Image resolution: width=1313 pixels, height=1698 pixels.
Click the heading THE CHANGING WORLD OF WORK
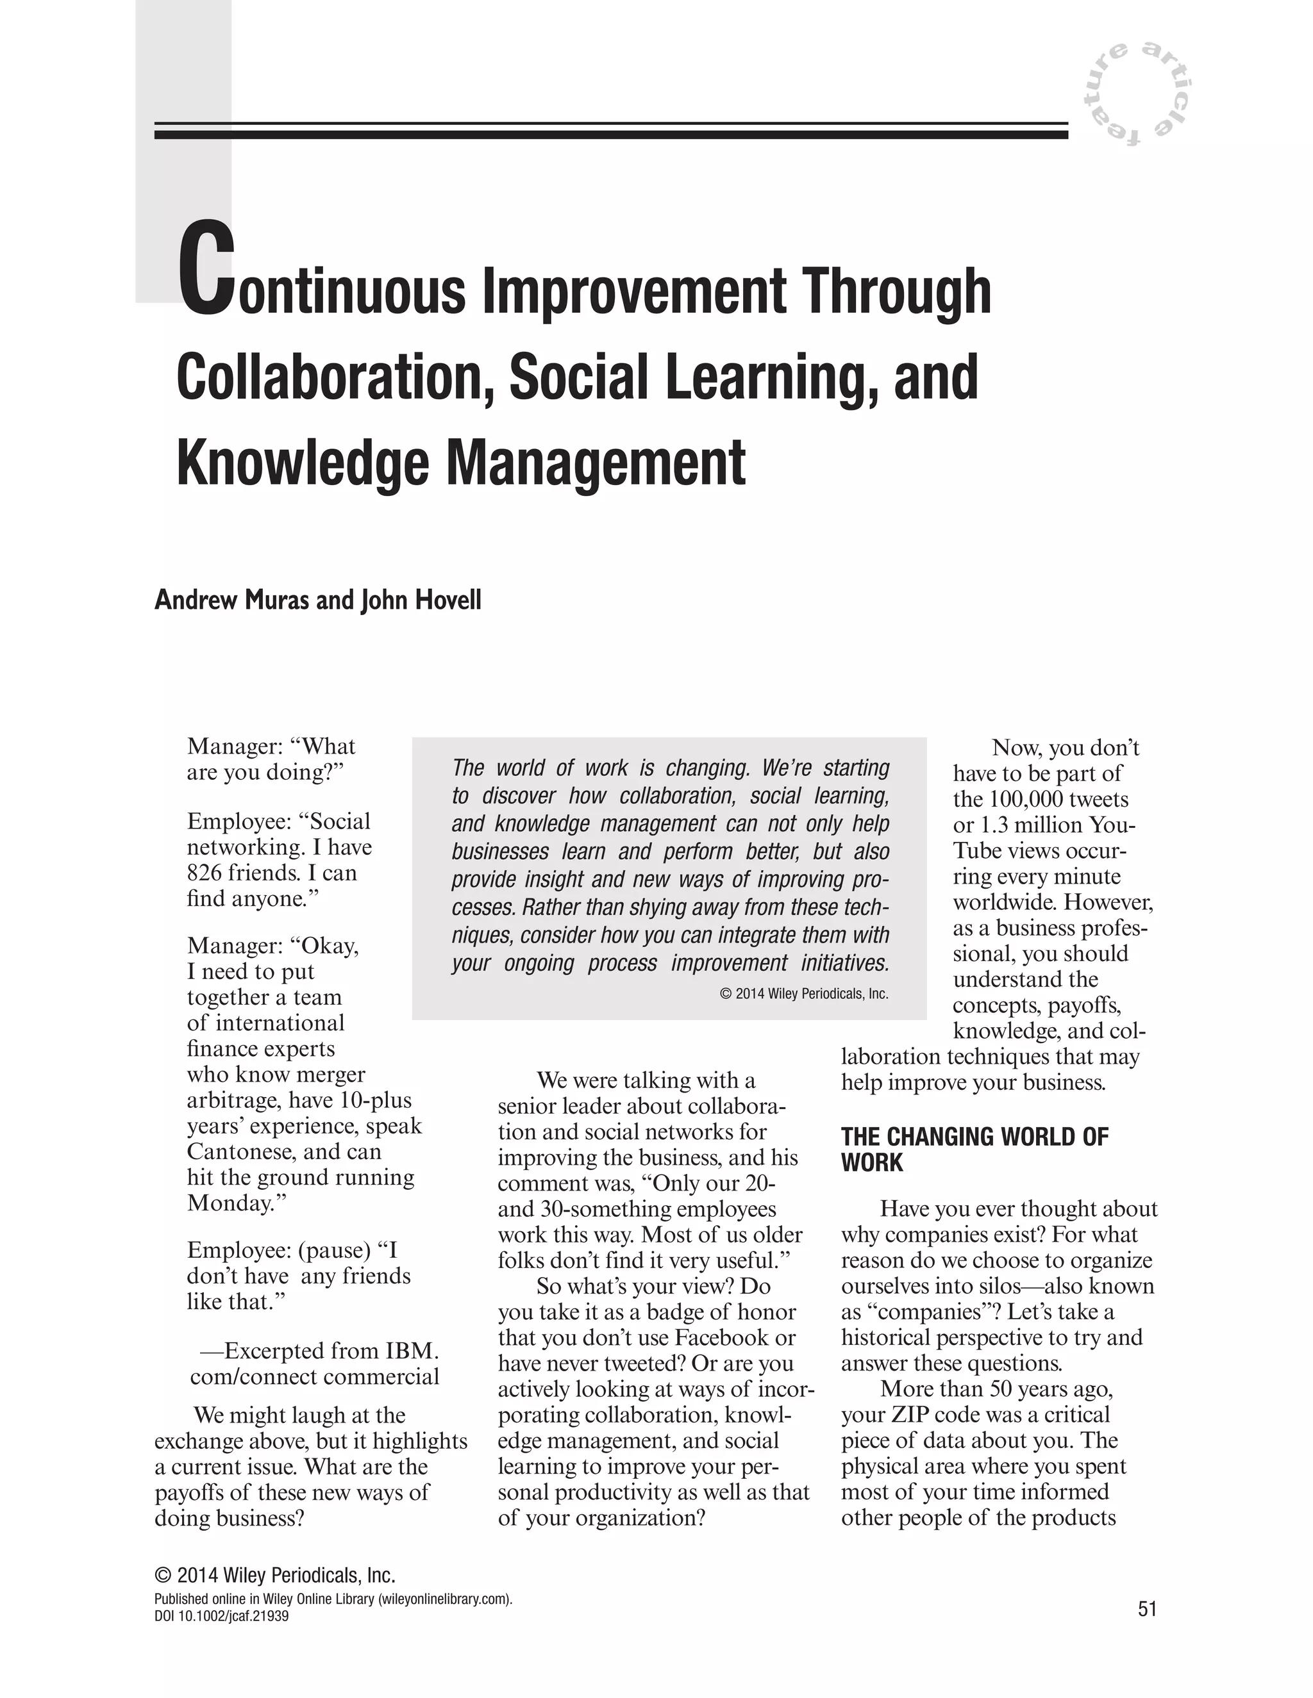[974, 1150]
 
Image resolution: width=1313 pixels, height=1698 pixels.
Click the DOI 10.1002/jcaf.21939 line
[222, 1617]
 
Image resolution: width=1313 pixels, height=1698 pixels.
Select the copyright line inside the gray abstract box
[805, 994]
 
